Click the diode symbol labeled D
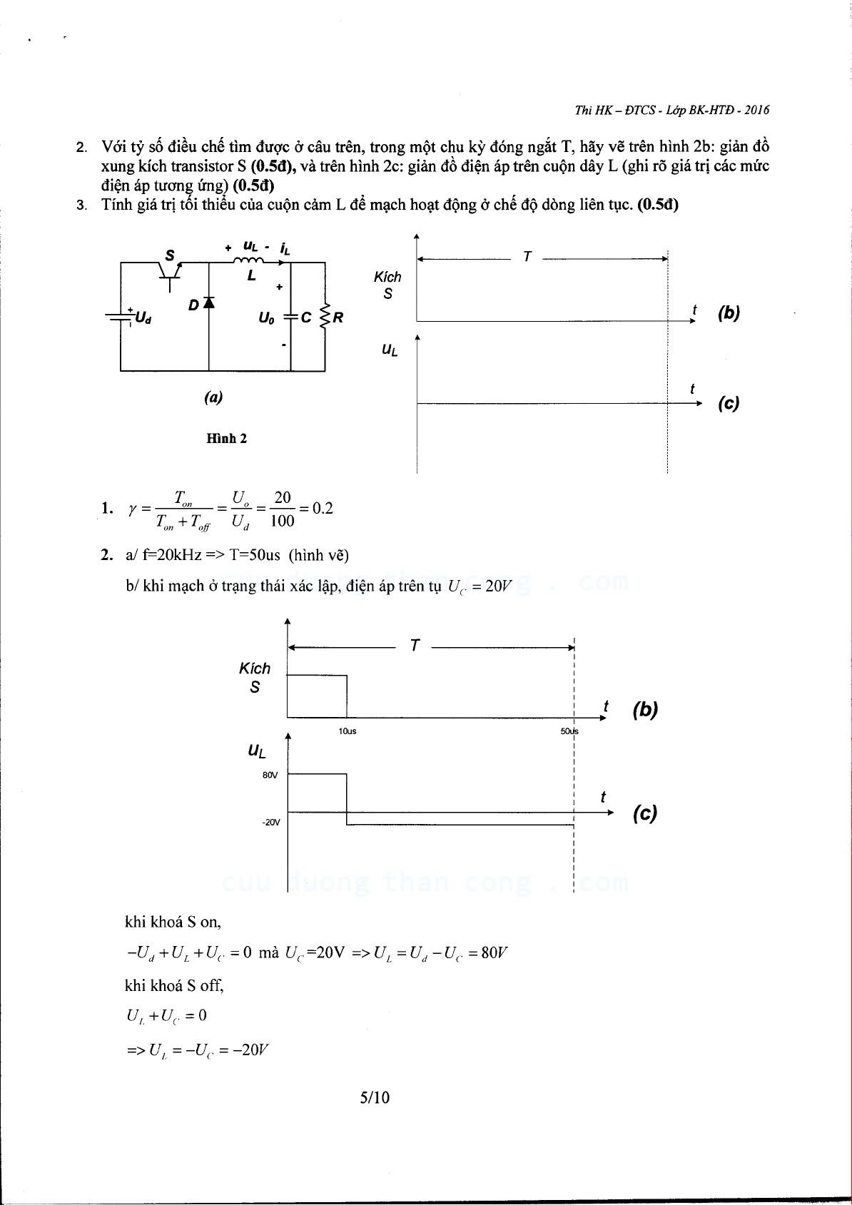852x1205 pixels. pyautogui.click(x=209, y=302)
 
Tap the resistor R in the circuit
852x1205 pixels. pyautogui.click(x=326, y=317)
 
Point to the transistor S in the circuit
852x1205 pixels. pyautogui.click(x=170, y=270)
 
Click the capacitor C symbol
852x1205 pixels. pyautogui.click(x=291, y=317)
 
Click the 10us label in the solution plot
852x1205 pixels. pyautogui.click(x=348, y=731)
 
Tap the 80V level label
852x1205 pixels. pyautogui.click(x=270, y=775)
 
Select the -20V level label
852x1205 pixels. pyautogui.click(x=270, y=823)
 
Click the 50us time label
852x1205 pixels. pyautogui.click(x=569, y=731)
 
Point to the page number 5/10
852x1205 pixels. pyautogui.click(x=375, y=1097)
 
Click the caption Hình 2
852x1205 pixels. pyautogui.click(x=227, y=439)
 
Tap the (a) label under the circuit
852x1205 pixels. pyautogui.click(x=213, y=398)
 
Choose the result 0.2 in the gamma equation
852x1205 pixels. pyautogui.click(x=323, y=509)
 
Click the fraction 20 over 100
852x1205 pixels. pyautogui.click(x=282, y=509)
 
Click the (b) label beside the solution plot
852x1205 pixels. pyautogui.click(x=644, y=710)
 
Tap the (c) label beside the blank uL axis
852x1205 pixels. pyautogui.click(x=729, y=404)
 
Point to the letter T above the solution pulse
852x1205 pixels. pyautogui.click(x=415, y=646)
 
